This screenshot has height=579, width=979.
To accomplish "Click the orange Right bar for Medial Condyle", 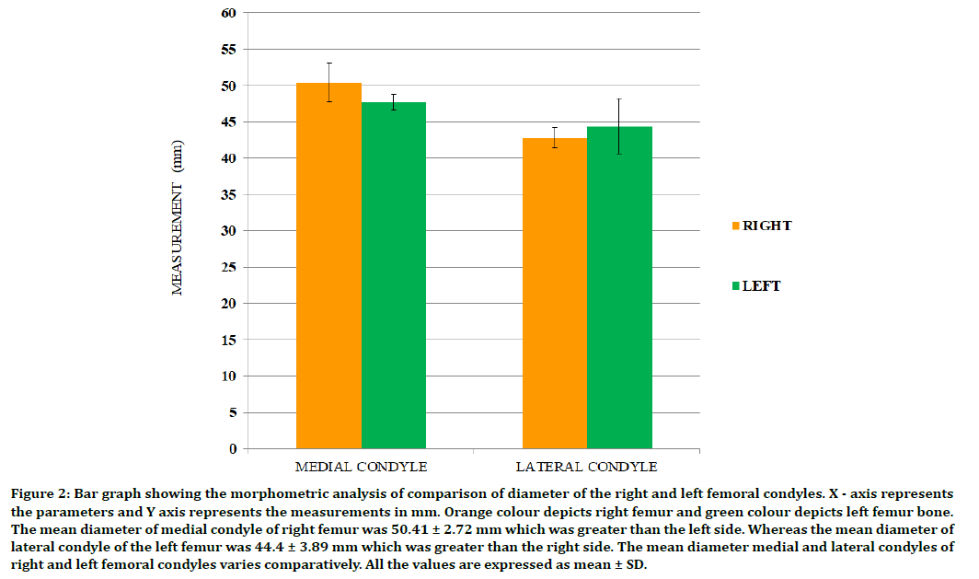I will click(x=328, y=267).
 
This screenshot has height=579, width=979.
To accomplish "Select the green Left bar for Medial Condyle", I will click(x=394, y=276).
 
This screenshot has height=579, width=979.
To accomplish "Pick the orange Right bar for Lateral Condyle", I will click(x=555, y=295).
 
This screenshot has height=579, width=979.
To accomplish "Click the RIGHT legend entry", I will click(x=761, y=226).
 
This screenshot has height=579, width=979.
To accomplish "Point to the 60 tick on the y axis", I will click(x=228, y=13).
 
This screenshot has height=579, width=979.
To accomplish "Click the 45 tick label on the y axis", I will click(x=228, y=122).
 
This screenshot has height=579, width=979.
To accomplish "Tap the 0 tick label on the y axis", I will click(x=232, y=449).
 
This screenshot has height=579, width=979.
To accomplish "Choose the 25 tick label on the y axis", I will click(x=228, y=267).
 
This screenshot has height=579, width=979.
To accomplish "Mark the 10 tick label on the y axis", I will click(x=228, y=376).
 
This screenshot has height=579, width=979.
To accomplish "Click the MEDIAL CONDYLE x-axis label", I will click(x=361, y=466).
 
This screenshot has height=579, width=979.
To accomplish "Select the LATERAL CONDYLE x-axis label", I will click(x=587, y=466).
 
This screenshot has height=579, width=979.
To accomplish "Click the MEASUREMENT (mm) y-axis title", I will click(x=178, y=218).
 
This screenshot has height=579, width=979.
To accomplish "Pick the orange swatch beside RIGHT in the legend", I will click(x=735, y=226).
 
